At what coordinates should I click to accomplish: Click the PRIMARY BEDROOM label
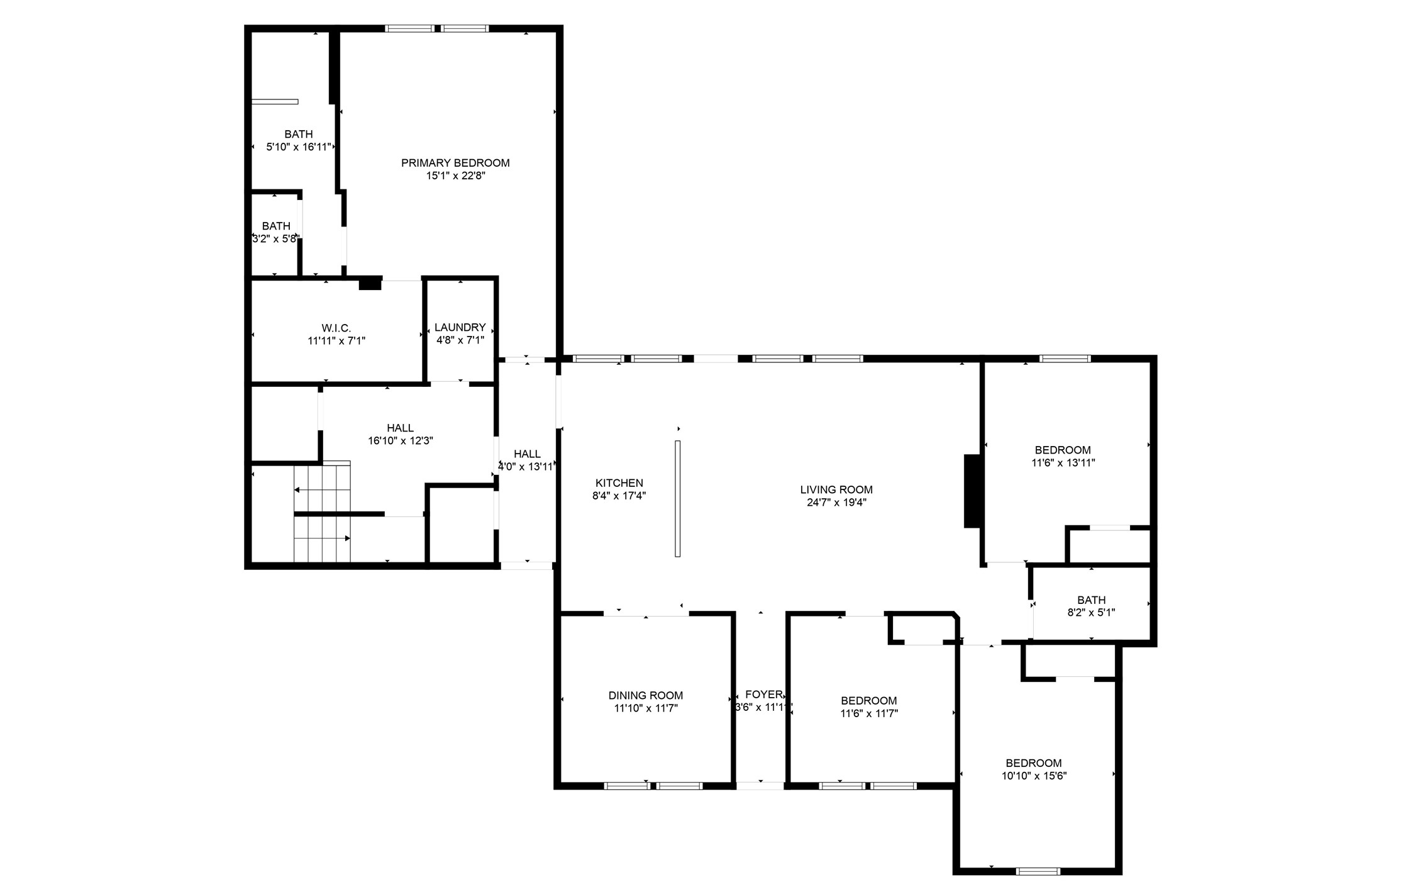[455, 163]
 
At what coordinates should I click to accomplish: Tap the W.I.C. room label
[336, 328]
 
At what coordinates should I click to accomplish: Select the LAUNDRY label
[460, 327]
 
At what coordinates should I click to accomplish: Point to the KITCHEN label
[619, 483]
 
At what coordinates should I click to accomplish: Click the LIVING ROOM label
[836, 489]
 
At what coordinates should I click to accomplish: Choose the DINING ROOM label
[646, 695]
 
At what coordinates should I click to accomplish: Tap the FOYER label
[763, 695]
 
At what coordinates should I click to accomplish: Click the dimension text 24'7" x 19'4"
[836, 503]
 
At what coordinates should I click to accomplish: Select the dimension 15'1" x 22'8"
[455, 176]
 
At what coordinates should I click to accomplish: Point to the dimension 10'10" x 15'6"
[1034, 776]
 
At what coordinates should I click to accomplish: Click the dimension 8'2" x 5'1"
[1091, 613]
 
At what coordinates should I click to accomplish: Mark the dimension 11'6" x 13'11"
[1063, 463]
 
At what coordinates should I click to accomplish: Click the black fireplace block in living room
[973, 491]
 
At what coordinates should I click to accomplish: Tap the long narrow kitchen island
[678, 498]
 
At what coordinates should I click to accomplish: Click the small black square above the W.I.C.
[370, 283]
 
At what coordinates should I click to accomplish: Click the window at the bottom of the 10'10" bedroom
[1038, 871]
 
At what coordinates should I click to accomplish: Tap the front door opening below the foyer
[760, 786]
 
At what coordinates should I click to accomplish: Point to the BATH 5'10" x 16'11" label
[299, 140]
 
